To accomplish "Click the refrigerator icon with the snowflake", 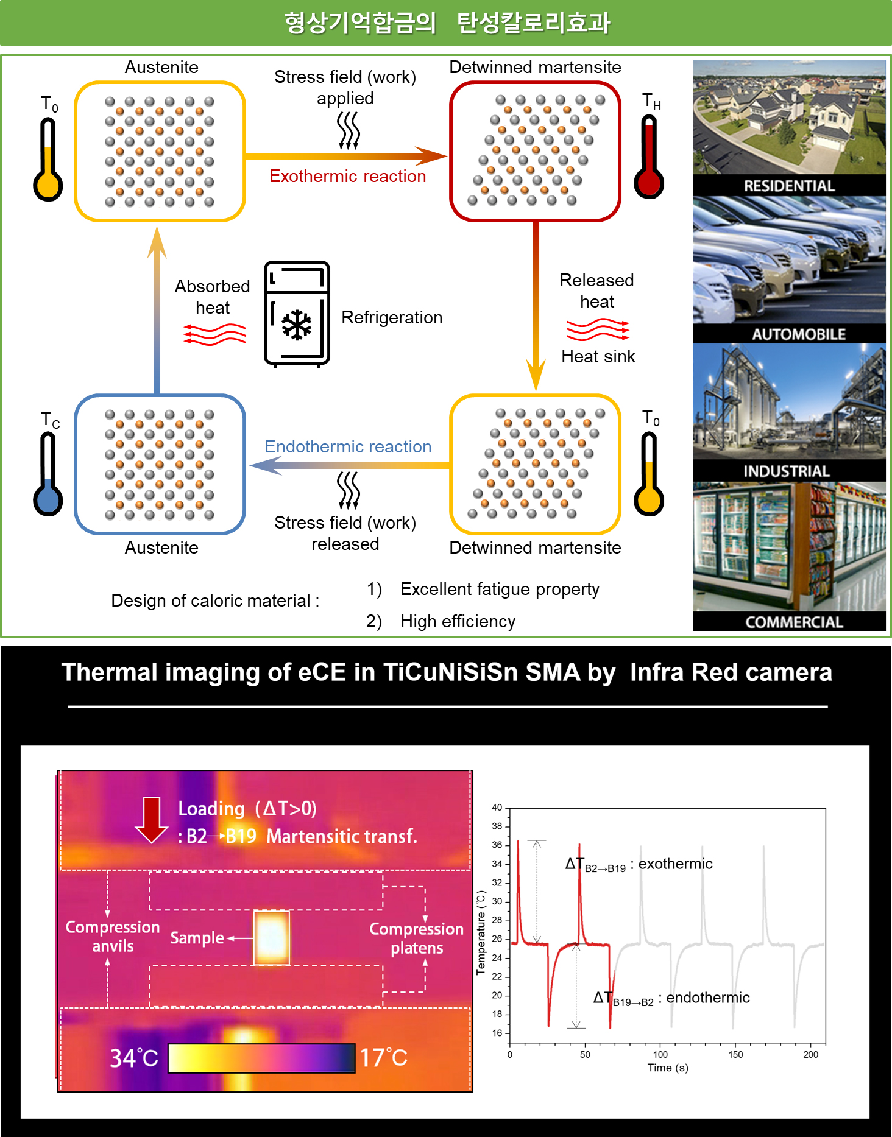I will click(297, 314).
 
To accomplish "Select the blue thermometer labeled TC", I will click(48, 474).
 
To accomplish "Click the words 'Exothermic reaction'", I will click(347, 177).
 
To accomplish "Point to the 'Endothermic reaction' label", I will click(348, 446).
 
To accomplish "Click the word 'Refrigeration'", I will click(392, 317).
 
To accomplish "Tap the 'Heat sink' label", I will click(598, 356).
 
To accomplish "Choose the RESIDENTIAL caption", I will click(789, 186).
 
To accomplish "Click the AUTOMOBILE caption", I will click(798, 334).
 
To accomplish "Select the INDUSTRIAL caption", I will click(786, 471).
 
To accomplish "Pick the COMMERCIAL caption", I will click(794, 622).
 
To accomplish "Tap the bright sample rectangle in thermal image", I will click(271, 938).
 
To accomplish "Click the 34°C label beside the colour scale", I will click(133, 1058).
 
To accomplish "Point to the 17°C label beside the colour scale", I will click(383, 1058).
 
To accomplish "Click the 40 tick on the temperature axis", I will click(497, 808).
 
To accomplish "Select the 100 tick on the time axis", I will click(660, 1055).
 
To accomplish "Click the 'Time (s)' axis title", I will click(668, 1068).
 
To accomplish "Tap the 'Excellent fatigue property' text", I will click(500, 589).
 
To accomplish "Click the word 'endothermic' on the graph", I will click(707, 998).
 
